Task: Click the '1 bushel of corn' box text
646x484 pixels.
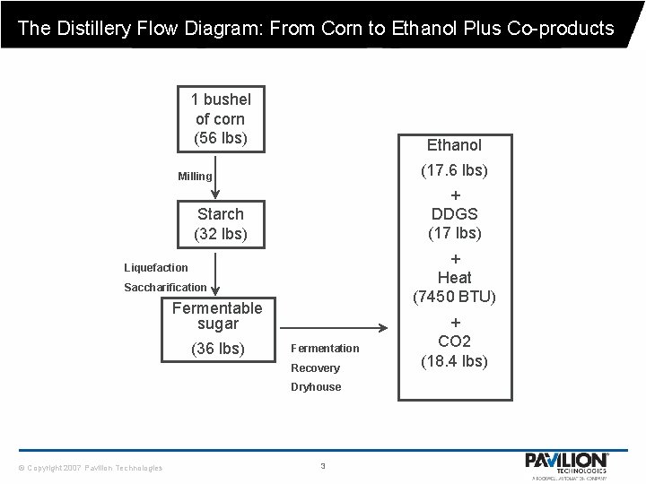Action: (220, 118)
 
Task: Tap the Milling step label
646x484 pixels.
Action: (195, 177)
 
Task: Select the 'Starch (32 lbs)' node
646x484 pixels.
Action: (220, 224)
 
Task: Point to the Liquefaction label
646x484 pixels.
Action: (156, 267)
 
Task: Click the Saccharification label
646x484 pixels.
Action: (164, 287)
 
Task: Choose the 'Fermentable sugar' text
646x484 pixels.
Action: (217, 315)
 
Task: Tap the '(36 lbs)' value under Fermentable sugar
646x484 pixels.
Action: (217, 348)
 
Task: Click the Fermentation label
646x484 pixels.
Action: (325, 348)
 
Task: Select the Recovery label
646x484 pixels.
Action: (315, 367)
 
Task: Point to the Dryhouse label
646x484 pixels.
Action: (316, 387)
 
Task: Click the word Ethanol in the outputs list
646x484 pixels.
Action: (454, 144)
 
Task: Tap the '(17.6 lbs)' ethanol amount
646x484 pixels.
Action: (455, 169)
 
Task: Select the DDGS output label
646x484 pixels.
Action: (455, 214)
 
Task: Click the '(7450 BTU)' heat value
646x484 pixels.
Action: (455, 297)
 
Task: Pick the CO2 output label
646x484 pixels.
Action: (455, 341)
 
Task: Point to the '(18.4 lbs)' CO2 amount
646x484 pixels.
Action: (455, 361)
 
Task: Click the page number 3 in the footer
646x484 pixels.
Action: (322, 465)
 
